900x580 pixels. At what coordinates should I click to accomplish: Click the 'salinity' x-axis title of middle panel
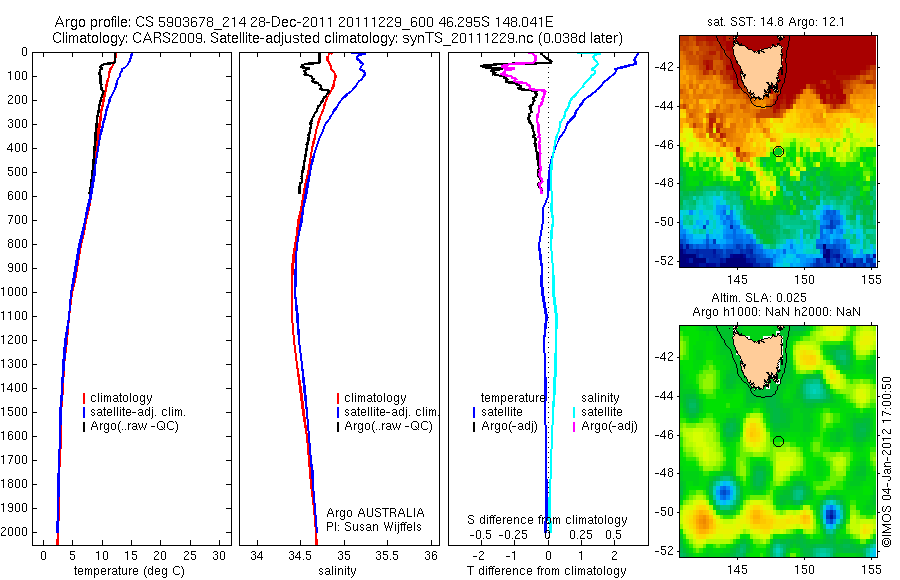pyautogui.click(x=335, y=571)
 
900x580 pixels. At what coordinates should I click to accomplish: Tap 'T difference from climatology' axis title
pyautogui.click(x=546, y=571)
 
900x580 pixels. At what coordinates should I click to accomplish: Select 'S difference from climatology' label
pyautogui.click(x=548, y=520)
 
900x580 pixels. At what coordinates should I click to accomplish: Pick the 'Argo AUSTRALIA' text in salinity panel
pyautogui.click(x=375, y=512)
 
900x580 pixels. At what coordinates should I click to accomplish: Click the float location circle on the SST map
pyautogui.click(x=778, y=151)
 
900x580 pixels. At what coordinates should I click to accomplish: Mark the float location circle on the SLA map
pyautogui.click(x=778, y=441)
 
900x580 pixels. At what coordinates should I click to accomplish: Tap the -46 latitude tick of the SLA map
pyautogui.click(x=665, y=435)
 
